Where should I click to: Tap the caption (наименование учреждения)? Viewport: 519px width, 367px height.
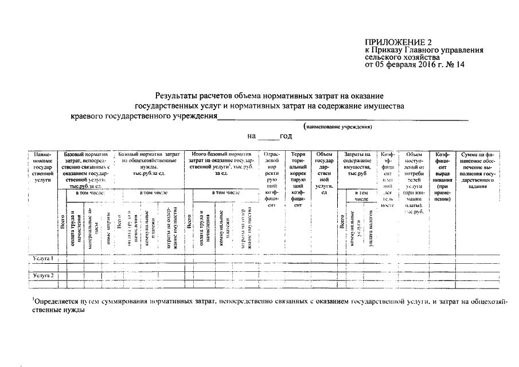(338, 126)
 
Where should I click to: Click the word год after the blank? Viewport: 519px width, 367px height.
(286, 136)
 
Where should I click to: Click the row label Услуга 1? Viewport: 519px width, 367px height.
(44, 259)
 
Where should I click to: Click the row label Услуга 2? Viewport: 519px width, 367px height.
(44, 276)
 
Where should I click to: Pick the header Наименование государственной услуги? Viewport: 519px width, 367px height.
(44, 167)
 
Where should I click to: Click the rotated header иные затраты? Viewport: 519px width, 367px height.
(108, 232)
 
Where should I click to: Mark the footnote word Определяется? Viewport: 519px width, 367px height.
(55, 300)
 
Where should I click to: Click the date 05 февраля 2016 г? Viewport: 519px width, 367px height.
(409, 65)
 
